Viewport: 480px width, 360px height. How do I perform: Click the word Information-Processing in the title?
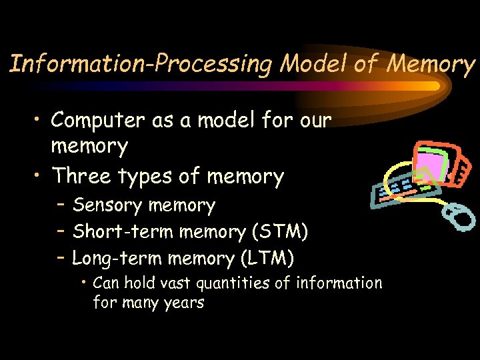pyautogui.click(x=141, y=64)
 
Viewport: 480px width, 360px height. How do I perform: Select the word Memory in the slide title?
pyautogui.click(x=431, y=64)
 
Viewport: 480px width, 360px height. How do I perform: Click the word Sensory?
pyautogui.click(x=108, y=206)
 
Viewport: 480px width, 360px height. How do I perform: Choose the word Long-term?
pyautogui.click(x=118, y=258)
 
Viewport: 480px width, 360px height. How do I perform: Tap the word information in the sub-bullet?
pyautogui.click(x=339, y=283)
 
